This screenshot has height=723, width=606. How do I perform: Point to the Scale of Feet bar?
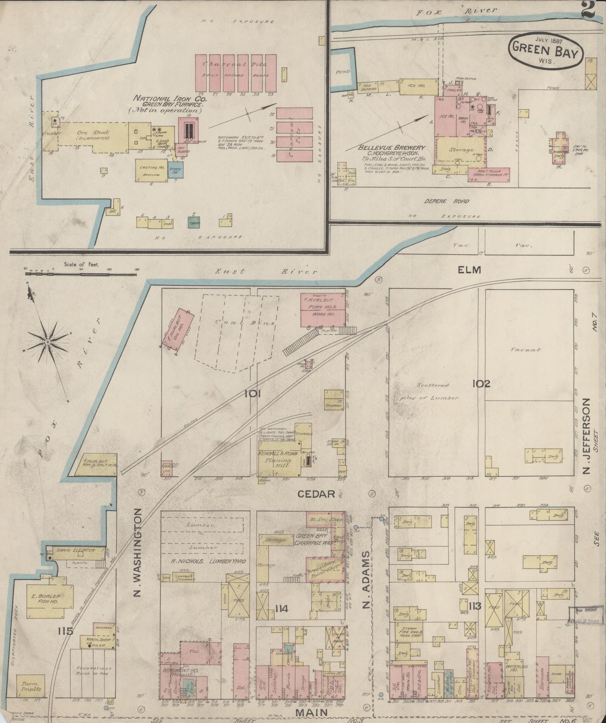pos(82,273)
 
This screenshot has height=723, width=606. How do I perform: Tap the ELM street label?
pos(469,270)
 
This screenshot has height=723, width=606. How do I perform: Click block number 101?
pos(253,394)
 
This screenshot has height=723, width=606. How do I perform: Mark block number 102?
pos(481,384)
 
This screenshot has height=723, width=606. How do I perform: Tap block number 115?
pos(66,631)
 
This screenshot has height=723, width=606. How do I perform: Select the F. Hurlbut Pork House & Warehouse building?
pos(322,310)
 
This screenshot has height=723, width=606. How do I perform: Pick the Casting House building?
pos(151,170)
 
